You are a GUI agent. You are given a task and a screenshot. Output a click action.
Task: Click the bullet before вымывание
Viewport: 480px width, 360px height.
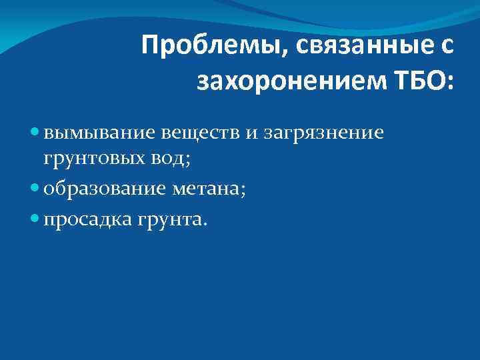click(35, 133)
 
